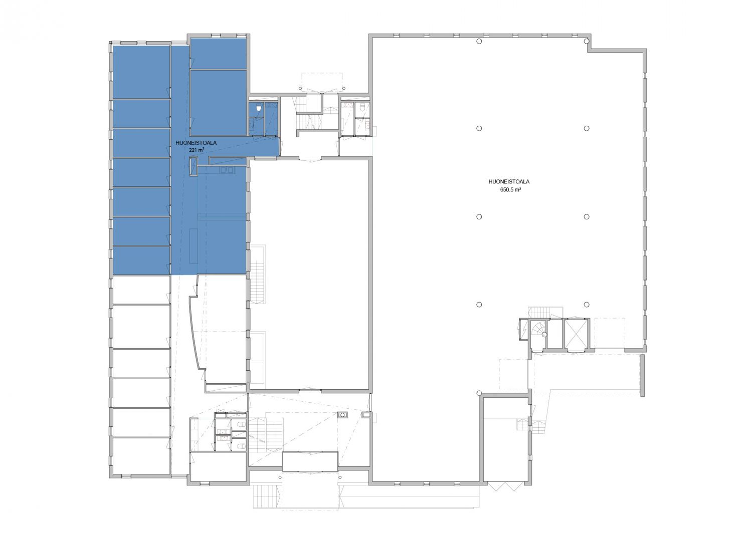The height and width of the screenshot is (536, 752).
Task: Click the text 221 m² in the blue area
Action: [x=197, y=150]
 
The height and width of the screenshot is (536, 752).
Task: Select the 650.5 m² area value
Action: [x=510, y=189]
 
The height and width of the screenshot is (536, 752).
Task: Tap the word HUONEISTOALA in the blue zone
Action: [x=196, y=143]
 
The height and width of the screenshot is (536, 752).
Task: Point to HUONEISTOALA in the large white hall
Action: [x=509, y=182]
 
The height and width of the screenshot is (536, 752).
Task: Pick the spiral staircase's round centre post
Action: [x=544, y=335]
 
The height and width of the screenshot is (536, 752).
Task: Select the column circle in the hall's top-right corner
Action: [x=587, y=41]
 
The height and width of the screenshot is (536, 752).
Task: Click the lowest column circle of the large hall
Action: [x=479, y=393]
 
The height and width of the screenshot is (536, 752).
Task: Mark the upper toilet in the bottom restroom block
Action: [x=240, y=424]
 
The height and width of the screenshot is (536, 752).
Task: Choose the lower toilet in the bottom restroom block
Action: [x=240, y=446]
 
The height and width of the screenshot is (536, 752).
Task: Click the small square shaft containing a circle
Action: [x=342, y=415]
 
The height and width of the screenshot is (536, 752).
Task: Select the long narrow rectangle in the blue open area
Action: [x=194, y=245]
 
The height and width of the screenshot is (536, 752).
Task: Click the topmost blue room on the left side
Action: [x=141, y=72]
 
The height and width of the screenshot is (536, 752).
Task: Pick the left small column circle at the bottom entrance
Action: [x=280, y=477]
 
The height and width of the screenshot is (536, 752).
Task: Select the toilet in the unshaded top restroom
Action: [x=362, y=108]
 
